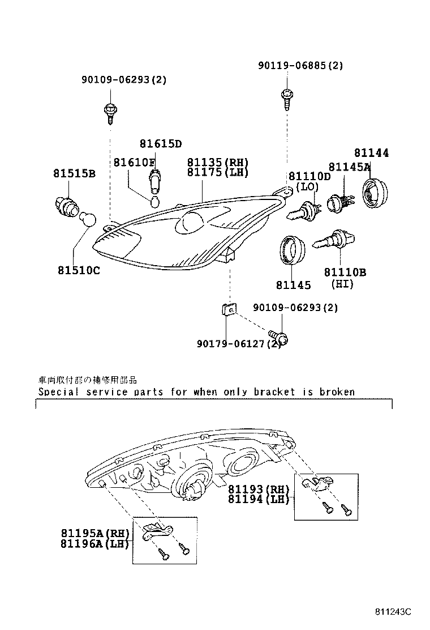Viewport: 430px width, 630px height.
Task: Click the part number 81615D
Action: point(161,144)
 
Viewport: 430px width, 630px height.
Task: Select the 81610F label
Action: point(134,163)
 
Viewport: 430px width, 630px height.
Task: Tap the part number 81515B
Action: point(74,173)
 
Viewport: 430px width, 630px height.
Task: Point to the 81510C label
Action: point(78,270)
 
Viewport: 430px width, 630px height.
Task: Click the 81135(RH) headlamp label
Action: point(218,163)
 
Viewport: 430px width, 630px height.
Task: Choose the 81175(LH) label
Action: point(218,172)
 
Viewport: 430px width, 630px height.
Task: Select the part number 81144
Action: point(372,153)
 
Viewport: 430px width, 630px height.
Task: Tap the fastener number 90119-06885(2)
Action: point(300,66)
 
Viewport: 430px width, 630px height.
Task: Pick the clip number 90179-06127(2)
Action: point(239,344)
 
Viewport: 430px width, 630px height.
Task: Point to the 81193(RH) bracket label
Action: point(259,489)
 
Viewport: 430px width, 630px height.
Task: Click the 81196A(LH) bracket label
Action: point(95,544)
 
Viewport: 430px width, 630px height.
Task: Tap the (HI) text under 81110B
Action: point(342,283)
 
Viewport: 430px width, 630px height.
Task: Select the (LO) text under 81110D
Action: point(307,186)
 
